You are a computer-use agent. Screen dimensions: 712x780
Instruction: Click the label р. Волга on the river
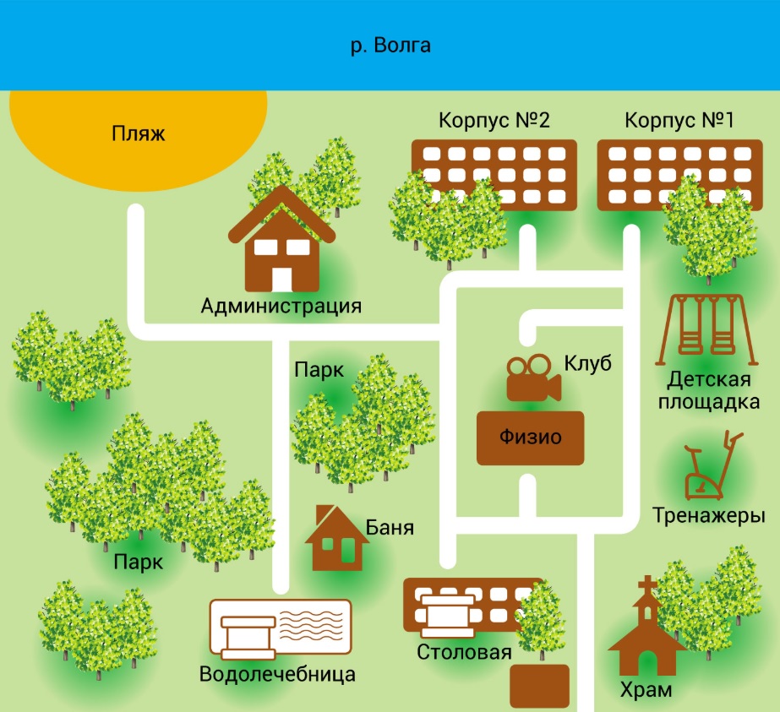click(x=390, y=45)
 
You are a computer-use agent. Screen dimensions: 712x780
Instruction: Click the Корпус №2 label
click(x=494, y=120)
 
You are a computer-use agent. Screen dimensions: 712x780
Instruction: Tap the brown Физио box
click(x=530, y=438)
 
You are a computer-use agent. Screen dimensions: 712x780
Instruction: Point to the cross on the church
click(x=647, y=585)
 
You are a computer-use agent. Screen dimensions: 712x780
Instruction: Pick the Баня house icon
click(x=336, y=541)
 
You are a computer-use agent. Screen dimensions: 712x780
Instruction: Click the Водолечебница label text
click(x=277, y=675)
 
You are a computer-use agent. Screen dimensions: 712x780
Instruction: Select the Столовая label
click(x=464, y=652)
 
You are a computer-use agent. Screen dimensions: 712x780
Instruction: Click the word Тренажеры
click(x=709, y=515)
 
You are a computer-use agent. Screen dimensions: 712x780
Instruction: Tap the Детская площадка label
click(x=712, y=390)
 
